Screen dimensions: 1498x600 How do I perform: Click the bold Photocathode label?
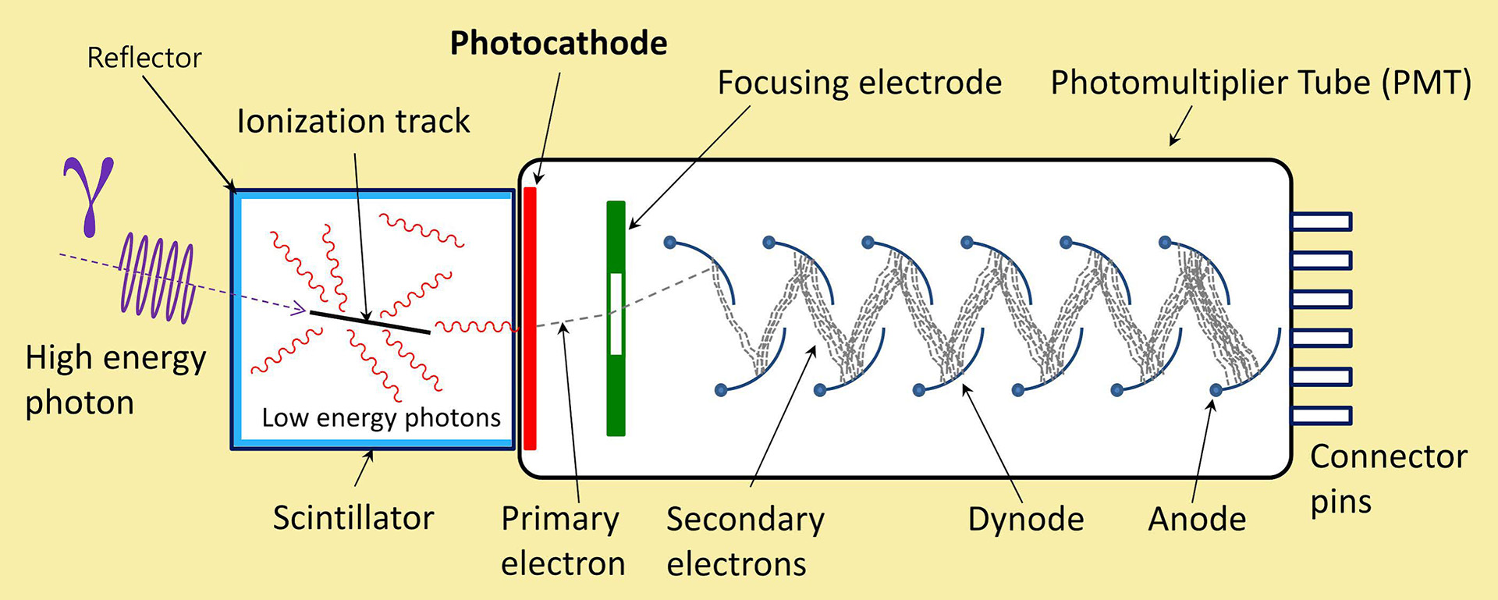(x=559, y=44)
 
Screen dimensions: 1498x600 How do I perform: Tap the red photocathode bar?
(x=531, y=318)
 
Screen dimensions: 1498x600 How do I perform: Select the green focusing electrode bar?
(x=616, y=318)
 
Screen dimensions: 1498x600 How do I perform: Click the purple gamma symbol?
(x=89, y=196)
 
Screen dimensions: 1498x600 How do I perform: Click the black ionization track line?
(x=370, y=322)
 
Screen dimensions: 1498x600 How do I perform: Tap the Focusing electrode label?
(x=859, y=83)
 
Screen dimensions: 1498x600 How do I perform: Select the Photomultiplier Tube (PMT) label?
(x=1261, y=83)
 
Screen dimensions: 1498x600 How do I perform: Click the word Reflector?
(x=144, y=58)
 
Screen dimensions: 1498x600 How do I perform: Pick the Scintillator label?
(x=353, y=518)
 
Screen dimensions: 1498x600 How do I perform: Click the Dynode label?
(x=1026, y=520)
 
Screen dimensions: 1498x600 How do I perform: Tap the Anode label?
(x=1197, y=520)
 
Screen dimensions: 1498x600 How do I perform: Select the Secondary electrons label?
(x=745, y=541)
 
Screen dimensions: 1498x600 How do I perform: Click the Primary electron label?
(x=563, y=541)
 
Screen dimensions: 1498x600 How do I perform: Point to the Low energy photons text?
(x=381, y=418)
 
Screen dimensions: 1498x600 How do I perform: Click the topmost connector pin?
(x=1321, y=222)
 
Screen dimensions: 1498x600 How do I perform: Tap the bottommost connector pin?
(x=1321, y=415)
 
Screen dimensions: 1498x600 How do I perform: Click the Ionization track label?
(x=353, y=122)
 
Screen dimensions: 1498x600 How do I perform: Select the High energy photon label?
(x=115, y=381)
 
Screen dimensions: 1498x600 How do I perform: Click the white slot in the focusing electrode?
(x=616, y=314)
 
